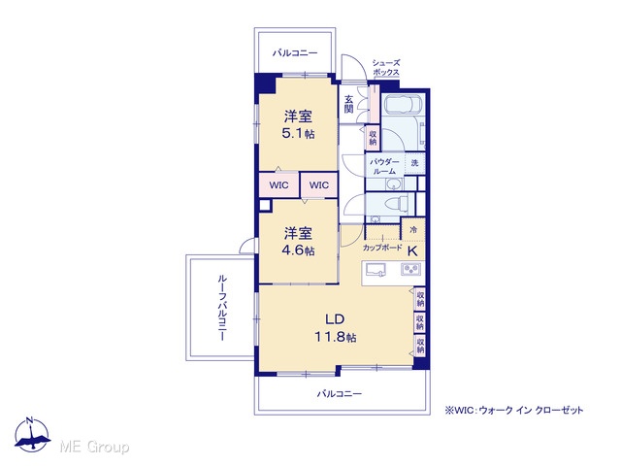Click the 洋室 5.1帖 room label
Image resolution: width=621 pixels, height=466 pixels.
tap(298, 124)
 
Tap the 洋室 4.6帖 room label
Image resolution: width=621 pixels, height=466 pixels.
tap(298, 242)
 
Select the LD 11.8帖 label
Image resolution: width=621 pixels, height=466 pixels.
tap(335, 328)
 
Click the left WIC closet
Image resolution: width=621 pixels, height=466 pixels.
tap(278, 185)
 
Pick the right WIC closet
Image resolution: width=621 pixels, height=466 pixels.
tap(319, 185)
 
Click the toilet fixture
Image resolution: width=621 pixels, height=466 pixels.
tap(397, 204)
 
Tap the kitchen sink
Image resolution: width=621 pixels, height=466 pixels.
tap(376, 270)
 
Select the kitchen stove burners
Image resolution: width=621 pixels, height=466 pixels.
tap(410, 270)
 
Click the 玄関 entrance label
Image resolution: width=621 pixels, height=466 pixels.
tap(348, 104)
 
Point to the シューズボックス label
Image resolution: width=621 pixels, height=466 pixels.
tap(386, 67)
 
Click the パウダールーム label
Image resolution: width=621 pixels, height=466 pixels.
tap(384, 166)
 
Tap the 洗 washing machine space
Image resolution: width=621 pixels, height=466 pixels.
tap(414, 163)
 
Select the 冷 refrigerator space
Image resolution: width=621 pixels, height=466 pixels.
tap(413, 229)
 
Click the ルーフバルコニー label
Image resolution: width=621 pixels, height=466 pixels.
tap(222, 308)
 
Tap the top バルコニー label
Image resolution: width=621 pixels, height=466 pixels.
tap(295, 52)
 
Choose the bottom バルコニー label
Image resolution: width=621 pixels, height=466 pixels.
tap(340, 393)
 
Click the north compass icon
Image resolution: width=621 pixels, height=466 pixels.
tap(32, 434)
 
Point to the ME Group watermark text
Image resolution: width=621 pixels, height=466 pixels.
tap(94, 447)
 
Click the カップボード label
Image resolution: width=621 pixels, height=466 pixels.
tap(382, 249)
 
